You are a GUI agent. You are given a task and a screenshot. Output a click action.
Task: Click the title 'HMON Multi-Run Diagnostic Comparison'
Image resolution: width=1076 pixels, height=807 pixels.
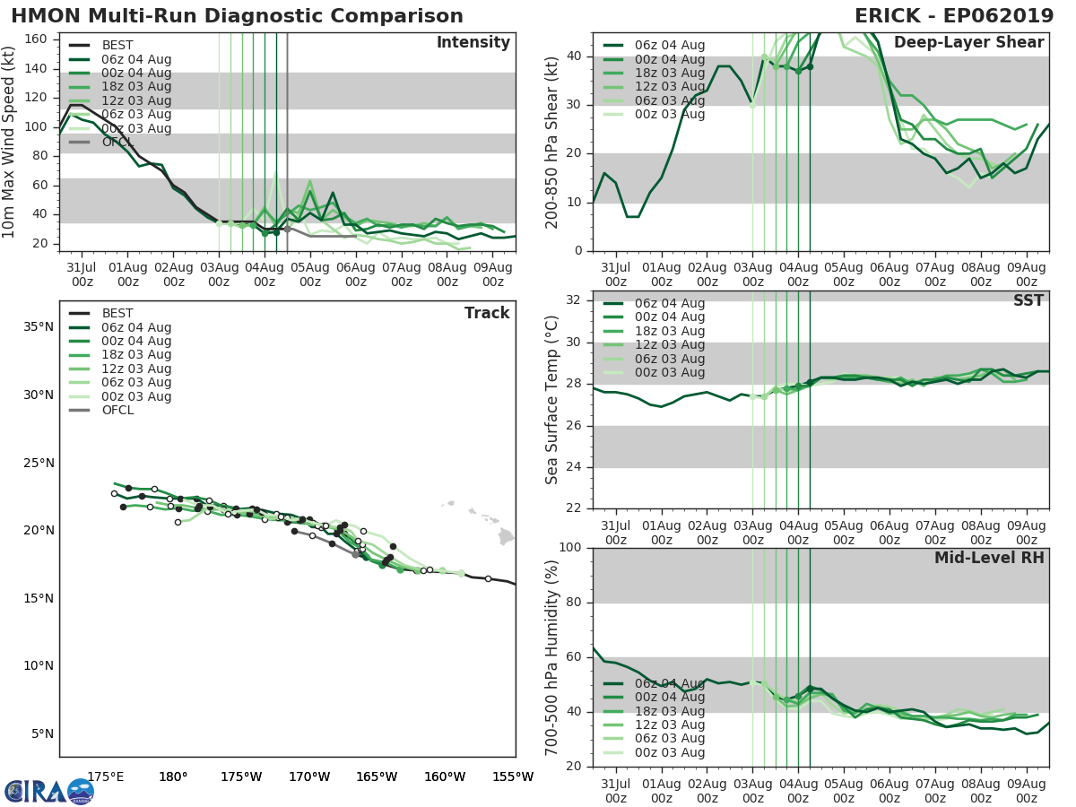(237, 16)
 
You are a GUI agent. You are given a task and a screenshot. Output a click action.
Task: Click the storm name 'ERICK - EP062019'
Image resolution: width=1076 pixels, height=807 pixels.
(954, 16)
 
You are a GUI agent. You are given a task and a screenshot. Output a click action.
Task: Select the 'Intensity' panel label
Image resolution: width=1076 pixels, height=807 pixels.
(473, 43)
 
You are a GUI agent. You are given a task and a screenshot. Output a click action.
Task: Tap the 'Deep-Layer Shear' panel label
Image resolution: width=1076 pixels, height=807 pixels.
(968, 43)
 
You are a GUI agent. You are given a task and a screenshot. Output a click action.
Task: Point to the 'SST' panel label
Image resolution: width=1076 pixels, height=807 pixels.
(1029, 301)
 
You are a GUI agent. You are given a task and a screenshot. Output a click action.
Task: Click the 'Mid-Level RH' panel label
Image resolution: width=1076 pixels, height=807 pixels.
(988, 559)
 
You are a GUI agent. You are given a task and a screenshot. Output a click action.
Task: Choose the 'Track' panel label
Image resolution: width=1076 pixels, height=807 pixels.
(487, 313)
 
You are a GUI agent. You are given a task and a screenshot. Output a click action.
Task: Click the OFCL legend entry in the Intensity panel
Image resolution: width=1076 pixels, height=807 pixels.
(117, 143)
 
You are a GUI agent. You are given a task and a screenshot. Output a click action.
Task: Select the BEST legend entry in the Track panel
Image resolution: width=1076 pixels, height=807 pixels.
(117, 314)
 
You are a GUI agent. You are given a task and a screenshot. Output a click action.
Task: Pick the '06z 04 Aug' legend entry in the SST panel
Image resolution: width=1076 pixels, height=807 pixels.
(669, 303)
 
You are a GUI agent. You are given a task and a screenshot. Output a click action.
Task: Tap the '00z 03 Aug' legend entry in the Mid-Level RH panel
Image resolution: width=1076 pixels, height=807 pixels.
(669, 753)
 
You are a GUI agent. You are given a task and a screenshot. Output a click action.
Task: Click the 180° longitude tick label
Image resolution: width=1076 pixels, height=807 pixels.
(173, 777)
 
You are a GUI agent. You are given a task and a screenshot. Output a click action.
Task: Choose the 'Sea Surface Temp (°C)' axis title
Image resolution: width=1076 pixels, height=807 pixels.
(552, 400)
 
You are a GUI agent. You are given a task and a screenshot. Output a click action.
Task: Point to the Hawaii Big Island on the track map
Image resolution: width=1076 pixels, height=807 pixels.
(507, 536)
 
